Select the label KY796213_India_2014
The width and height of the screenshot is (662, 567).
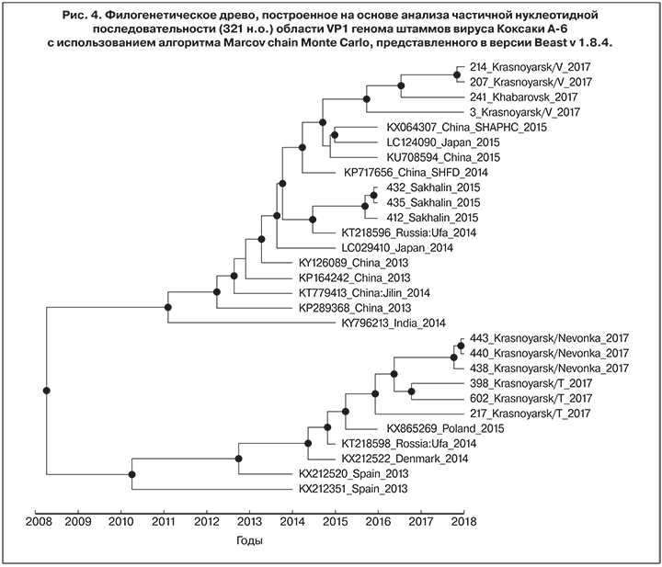394,323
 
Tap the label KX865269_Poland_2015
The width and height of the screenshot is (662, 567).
431,428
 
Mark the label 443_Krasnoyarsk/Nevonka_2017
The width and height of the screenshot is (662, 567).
548,338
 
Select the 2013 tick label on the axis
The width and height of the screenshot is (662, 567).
249,522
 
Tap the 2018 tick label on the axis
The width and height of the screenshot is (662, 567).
463,522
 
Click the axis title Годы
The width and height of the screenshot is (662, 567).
248,541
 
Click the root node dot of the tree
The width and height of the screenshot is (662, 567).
46,390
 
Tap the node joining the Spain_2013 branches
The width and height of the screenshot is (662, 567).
131,475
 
